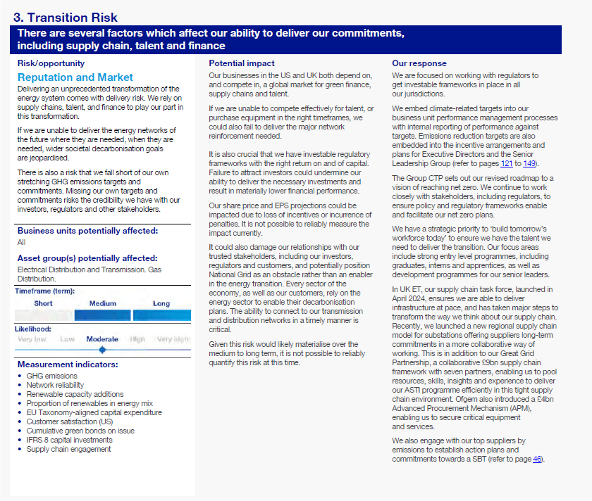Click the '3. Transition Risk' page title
pos(66,18)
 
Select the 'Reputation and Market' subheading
pos(75,77)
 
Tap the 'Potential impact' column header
pos(236,63)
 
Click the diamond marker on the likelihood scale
pos(103,349)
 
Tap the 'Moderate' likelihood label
pos(102,339)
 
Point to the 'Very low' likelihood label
pos(32,339)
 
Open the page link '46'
pos(537,459)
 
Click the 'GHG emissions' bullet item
pos(52,376)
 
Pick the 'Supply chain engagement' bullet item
pos(68,449)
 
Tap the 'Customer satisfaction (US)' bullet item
pos(72,421)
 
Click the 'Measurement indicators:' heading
pos(68,364)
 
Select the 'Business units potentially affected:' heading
pos(87,231)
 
